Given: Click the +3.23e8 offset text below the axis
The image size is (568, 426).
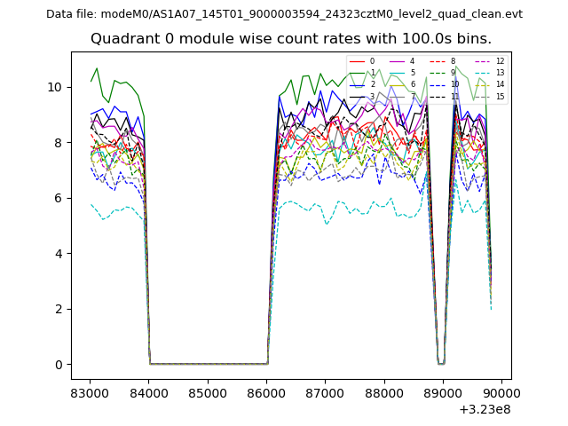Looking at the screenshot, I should [485, 409].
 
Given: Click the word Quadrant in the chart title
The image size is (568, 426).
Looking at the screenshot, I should [121, 39].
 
